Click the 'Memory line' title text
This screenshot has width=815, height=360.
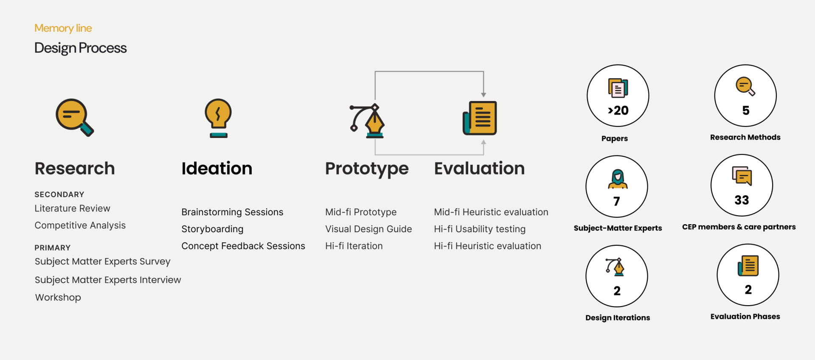pos(63,28)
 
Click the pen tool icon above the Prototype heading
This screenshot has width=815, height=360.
pos(367,121)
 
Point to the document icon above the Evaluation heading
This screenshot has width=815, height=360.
pos(480,118)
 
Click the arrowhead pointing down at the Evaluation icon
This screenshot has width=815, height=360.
pos(483,95)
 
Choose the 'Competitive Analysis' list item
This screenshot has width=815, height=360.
pos(80,225)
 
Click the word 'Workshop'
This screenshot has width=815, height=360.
pos(58,298)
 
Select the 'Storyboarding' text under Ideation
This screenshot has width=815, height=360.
pos(212,229)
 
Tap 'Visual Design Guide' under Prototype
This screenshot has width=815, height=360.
pos(368,229)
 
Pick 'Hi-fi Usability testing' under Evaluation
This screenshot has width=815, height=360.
pos(480,229)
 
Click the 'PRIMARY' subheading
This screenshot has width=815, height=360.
pos(53,248)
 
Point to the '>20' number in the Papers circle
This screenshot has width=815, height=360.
pos(618,110)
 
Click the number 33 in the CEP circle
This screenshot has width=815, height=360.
pos(742,200)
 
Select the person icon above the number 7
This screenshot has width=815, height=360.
pos(618,179)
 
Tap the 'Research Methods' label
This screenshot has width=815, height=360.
pos(745,138)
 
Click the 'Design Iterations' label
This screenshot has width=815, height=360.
pos(618,318)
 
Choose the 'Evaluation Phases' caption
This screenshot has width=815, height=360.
pos(745,317)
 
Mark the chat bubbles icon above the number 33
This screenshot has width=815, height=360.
pos(742,176)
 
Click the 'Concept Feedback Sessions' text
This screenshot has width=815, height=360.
pos(243,246)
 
